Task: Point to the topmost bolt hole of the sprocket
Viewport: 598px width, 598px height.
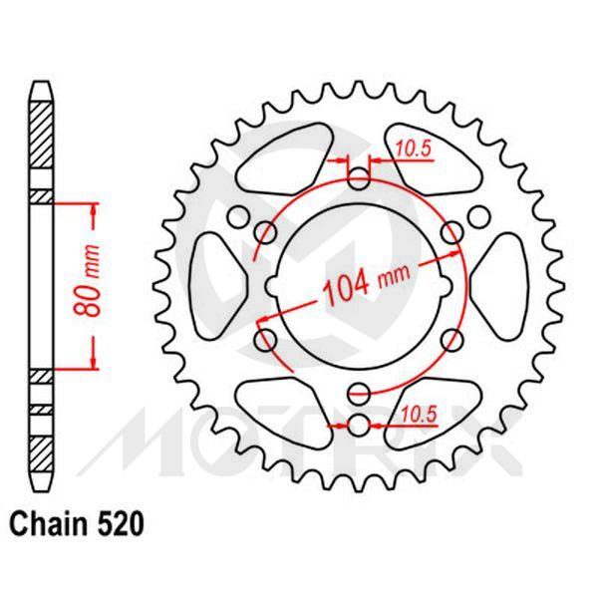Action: [360, 179]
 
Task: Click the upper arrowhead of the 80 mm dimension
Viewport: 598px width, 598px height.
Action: [95, 209]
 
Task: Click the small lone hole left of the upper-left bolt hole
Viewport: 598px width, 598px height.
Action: [237, 217]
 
